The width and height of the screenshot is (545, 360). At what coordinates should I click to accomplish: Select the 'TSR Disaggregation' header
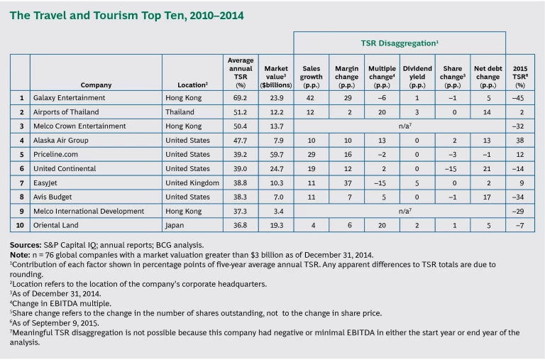point(399,43)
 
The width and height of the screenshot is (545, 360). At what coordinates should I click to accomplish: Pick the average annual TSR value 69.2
point(240,97)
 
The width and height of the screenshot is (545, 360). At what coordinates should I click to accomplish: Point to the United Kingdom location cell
point(191,182)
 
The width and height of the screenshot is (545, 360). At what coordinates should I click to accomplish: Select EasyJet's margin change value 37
point(346,182)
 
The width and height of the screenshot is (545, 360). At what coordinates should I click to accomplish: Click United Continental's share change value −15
point(452,168)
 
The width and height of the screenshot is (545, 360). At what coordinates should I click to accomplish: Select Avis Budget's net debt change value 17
point(488,197)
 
